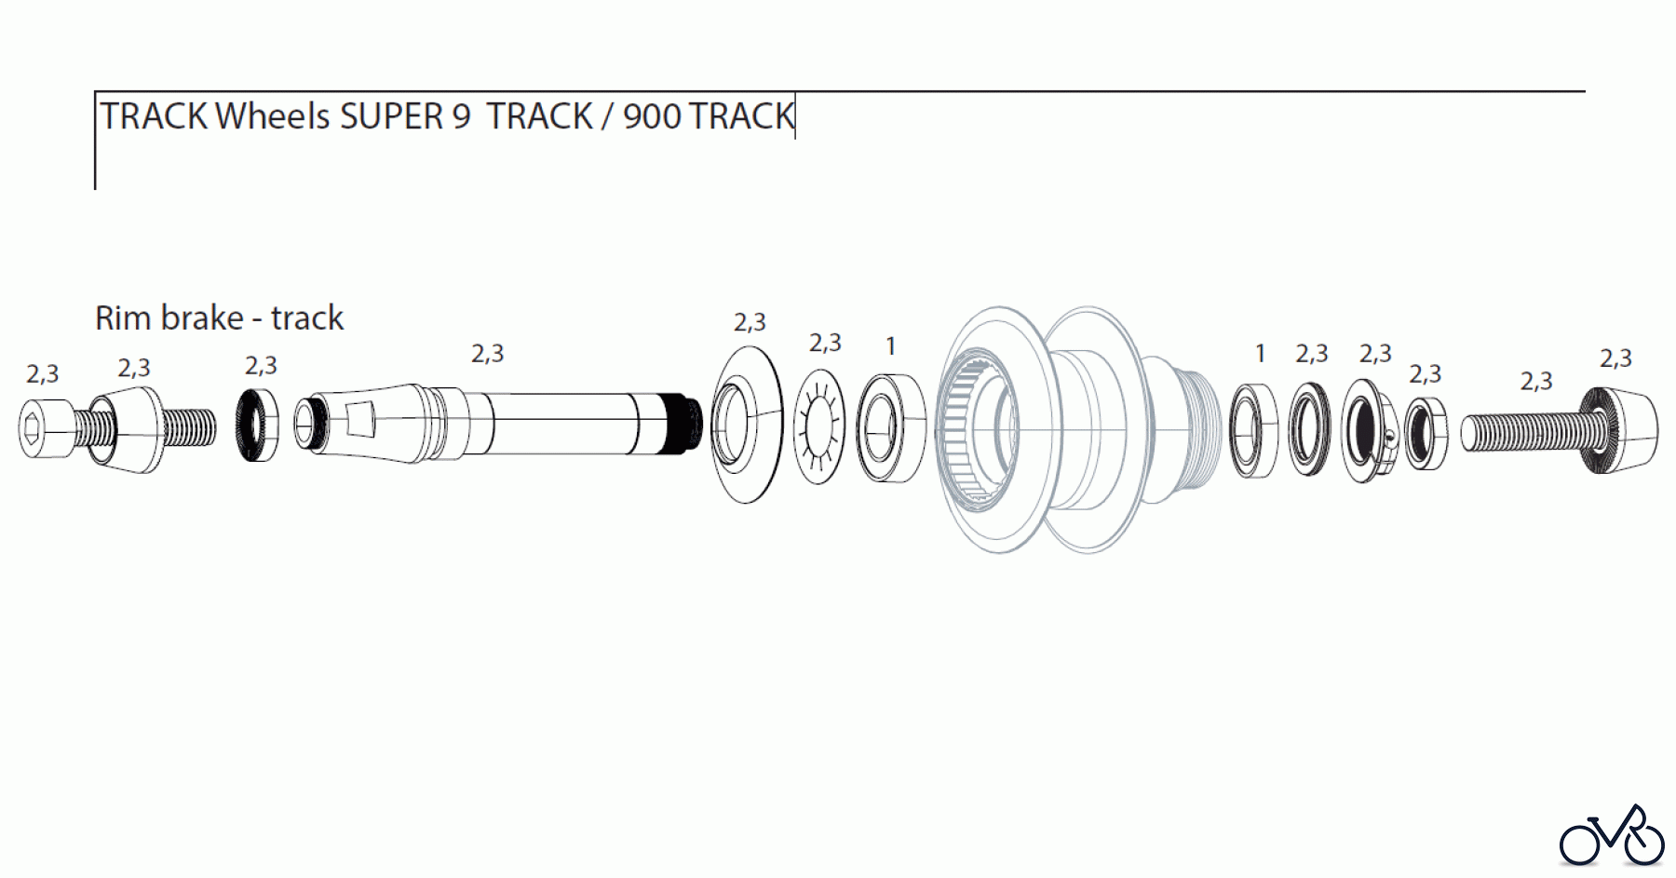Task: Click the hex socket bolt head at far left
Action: point(45,428)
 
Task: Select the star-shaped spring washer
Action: point(818,426)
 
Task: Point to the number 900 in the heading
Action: point(651,117)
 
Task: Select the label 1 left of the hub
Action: point(890,346)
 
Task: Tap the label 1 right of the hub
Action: point(1260,354)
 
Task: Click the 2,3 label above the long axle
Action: point(487,354)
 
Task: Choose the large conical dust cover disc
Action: point(747,425)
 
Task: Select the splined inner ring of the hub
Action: point(968,428)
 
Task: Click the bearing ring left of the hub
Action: point(889,427)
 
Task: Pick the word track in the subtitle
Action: point(306,318)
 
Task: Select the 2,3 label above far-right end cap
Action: point(1615,358)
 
